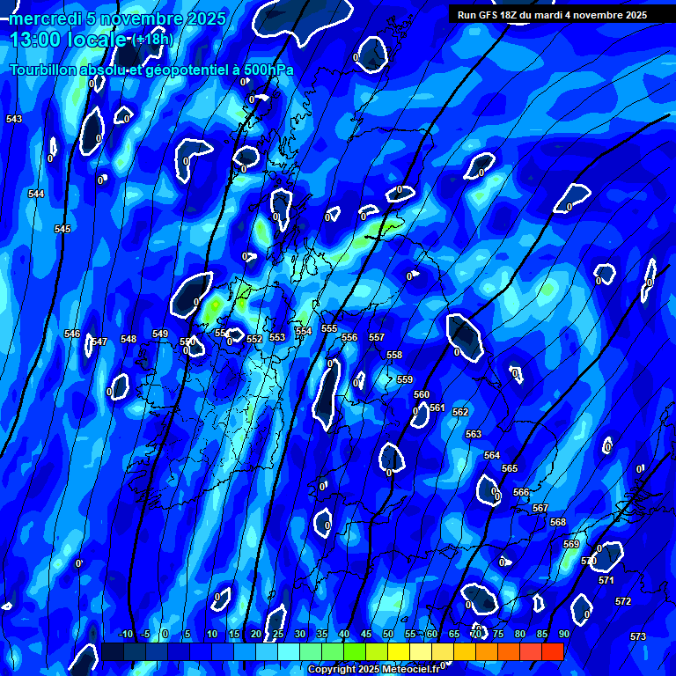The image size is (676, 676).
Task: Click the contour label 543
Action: pyautogui.click(x=14, y=119)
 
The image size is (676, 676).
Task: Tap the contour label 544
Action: pyautogui.click(x=36, y=194)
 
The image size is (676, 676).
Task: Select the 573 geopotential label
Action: pyautogui.click(x=638, y=636)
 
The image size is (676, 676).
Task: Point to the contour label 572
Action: pyautogui.click(x=623, y=601)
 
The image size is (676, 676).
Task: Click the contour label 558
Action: pyautogui.click(x=394, y=355)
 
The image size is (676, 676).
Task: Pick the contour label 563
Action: pyautogui.click(x=474, y=434)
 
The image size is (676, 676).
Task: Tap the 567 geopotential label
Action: pyautogui.click(x=540, y=508)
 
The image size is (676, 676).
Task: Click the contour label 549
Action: pyautogui.click(x=160, y=334)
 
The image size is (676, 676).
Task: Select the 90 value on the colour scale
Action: pyautogui.click(x=563, y=634)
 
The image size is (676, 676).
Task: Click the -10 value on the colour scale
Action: pyautogui.click(x=125, y=634)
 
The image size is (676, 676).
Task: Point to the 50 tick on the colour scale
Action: pyautogui.click(x=388, y=634)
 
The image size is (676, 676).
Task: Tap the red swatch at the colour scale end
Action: pyautogui.click(x=552, y=651)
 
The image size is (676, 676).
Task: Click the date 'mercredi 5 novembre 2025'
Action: pyautogui.click(x=118, y=18)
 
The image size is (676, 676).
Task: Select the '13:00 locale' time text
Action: pyautogui.click(x=68, y=40)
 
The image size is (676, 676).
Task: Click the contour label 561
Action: pyautogui.click(x=437, y=408)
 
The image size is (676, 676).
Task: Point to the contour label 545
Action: pyautogui.click(x=62, y=229)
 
